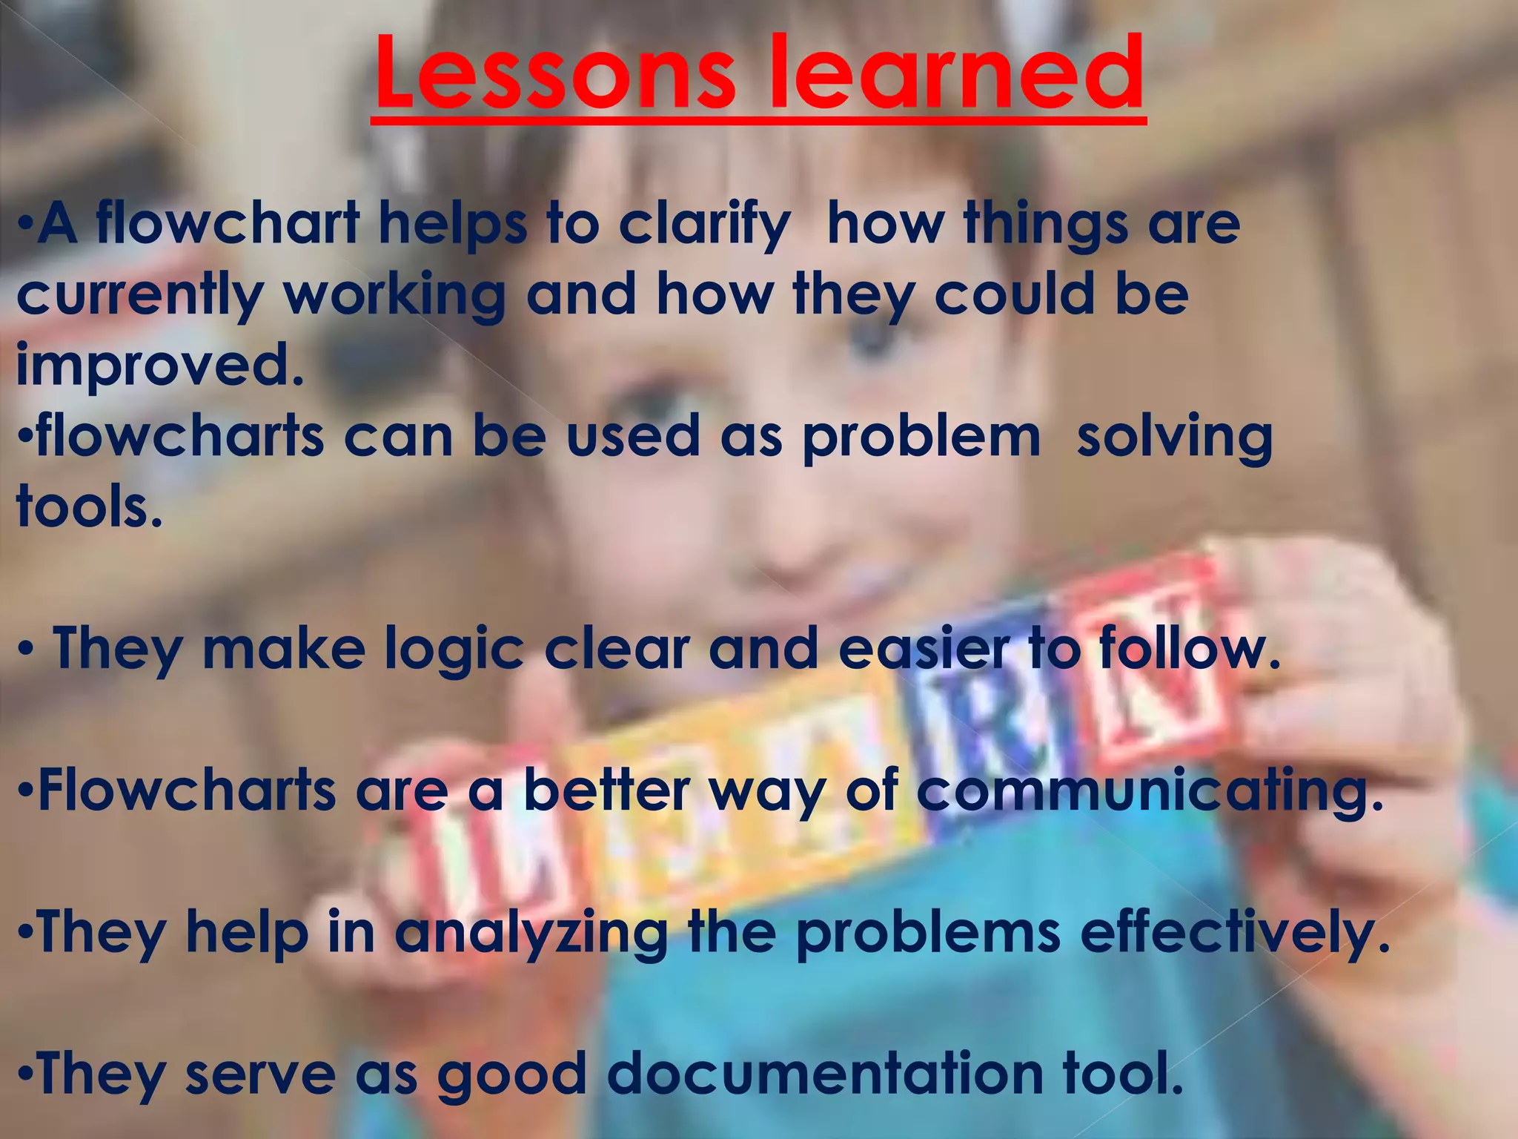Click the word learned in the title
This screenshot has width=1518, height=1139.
(956, 75)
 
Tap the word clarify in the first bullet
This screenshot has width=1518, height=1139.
(705, 225)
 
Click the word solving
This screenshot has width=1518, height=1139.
(1174, 438)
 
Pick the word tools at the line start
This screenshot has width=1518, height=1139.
(89, 508)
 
